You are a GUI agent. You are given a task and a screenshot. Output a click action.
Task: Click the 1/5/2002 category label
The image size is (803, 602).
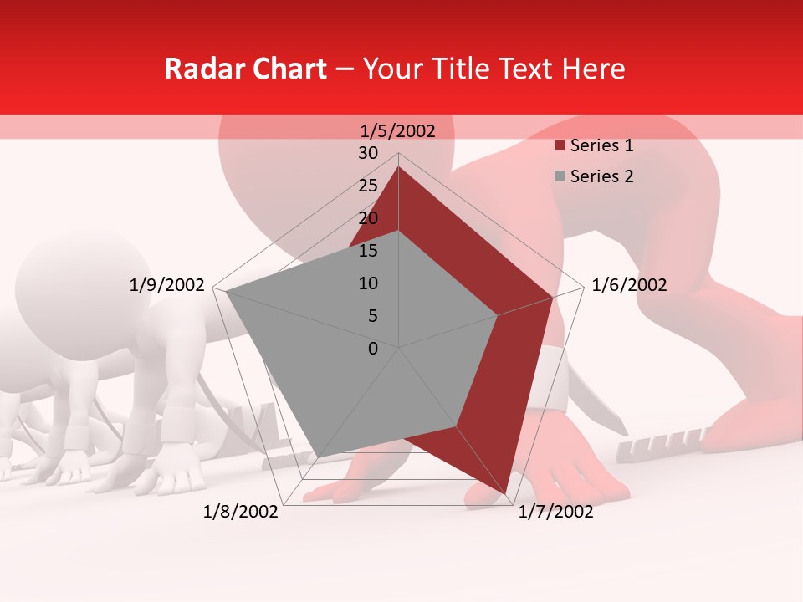(x=398, y=130)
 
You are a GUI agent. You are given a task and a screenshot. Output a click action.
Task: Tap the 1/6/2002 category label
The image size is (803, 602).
(x=629, y=285)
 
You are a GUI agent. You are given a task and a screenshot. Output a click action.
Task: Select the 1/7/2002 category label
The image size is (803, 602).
(x=555, y=512)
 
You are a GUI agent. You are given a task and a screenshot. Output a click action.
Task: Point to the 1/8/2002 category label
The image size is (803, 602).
(x=241, y=512)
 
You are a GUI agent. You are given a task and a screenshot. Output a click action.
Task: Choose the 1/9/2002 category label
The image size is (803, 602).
(x=167, y=285)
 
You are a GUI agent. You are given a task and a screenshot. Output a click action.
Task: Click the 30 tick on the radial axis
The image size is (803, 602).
(x=368, y=153)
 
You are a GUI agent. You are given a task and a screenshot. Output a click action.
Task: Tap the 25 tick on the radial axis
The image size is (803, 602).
(x=368, y=186)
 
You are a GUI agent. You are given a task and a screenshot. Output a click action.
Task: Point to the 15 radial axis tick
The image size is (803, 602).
(x=368, y=251)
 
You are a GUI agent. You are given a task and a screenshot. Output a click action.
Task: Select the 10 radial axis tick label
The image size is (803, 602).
(x=368, y=283)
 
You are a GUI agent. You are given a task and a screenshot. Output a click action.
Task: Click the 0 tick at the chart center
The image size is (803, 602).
(x=373, y=349)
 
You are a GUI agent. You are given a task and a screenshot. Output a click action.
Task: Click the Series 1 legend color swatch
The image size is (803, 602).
(x=560, y=146)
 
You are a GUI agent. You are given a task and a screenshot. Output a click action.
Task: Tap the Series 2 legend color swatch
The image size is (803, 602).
(x=560, y=176)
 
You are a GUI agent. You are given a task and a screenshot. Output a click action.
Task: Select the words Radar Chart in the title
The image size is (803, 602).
(x=245, y=69)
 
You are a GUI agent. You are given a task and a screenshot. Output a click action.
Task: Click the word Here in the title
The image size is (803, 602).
(x=593, y=69)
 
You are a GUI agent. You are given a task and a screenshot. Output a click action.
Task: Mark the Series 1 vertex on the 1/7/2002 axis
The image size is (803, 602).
(x=505, y=494)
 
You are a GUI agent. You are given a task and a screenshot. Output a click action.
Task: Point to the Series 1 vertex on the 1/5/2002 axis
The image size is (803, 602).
(x=398, y=166)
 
